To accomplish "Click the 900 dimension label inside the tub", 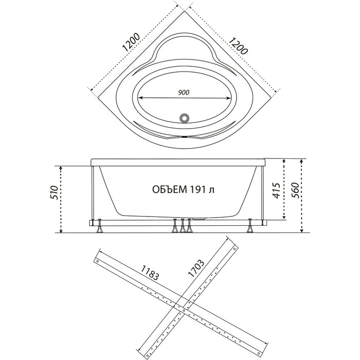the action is coord(184,92).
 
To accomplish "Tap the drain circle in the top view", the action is coord(184,118).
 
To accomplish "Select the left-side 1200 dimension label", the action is coord(131,43).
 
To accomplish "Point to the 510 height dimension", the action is coord(55,192).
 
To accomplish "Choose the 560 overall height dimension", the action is coord(295,190).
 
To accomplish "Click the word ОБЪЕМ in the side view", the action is coord(169,190).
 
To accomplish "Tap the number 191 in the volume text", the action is coord(197,190).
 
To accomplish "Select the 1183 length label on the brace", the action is coord(150,273).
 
